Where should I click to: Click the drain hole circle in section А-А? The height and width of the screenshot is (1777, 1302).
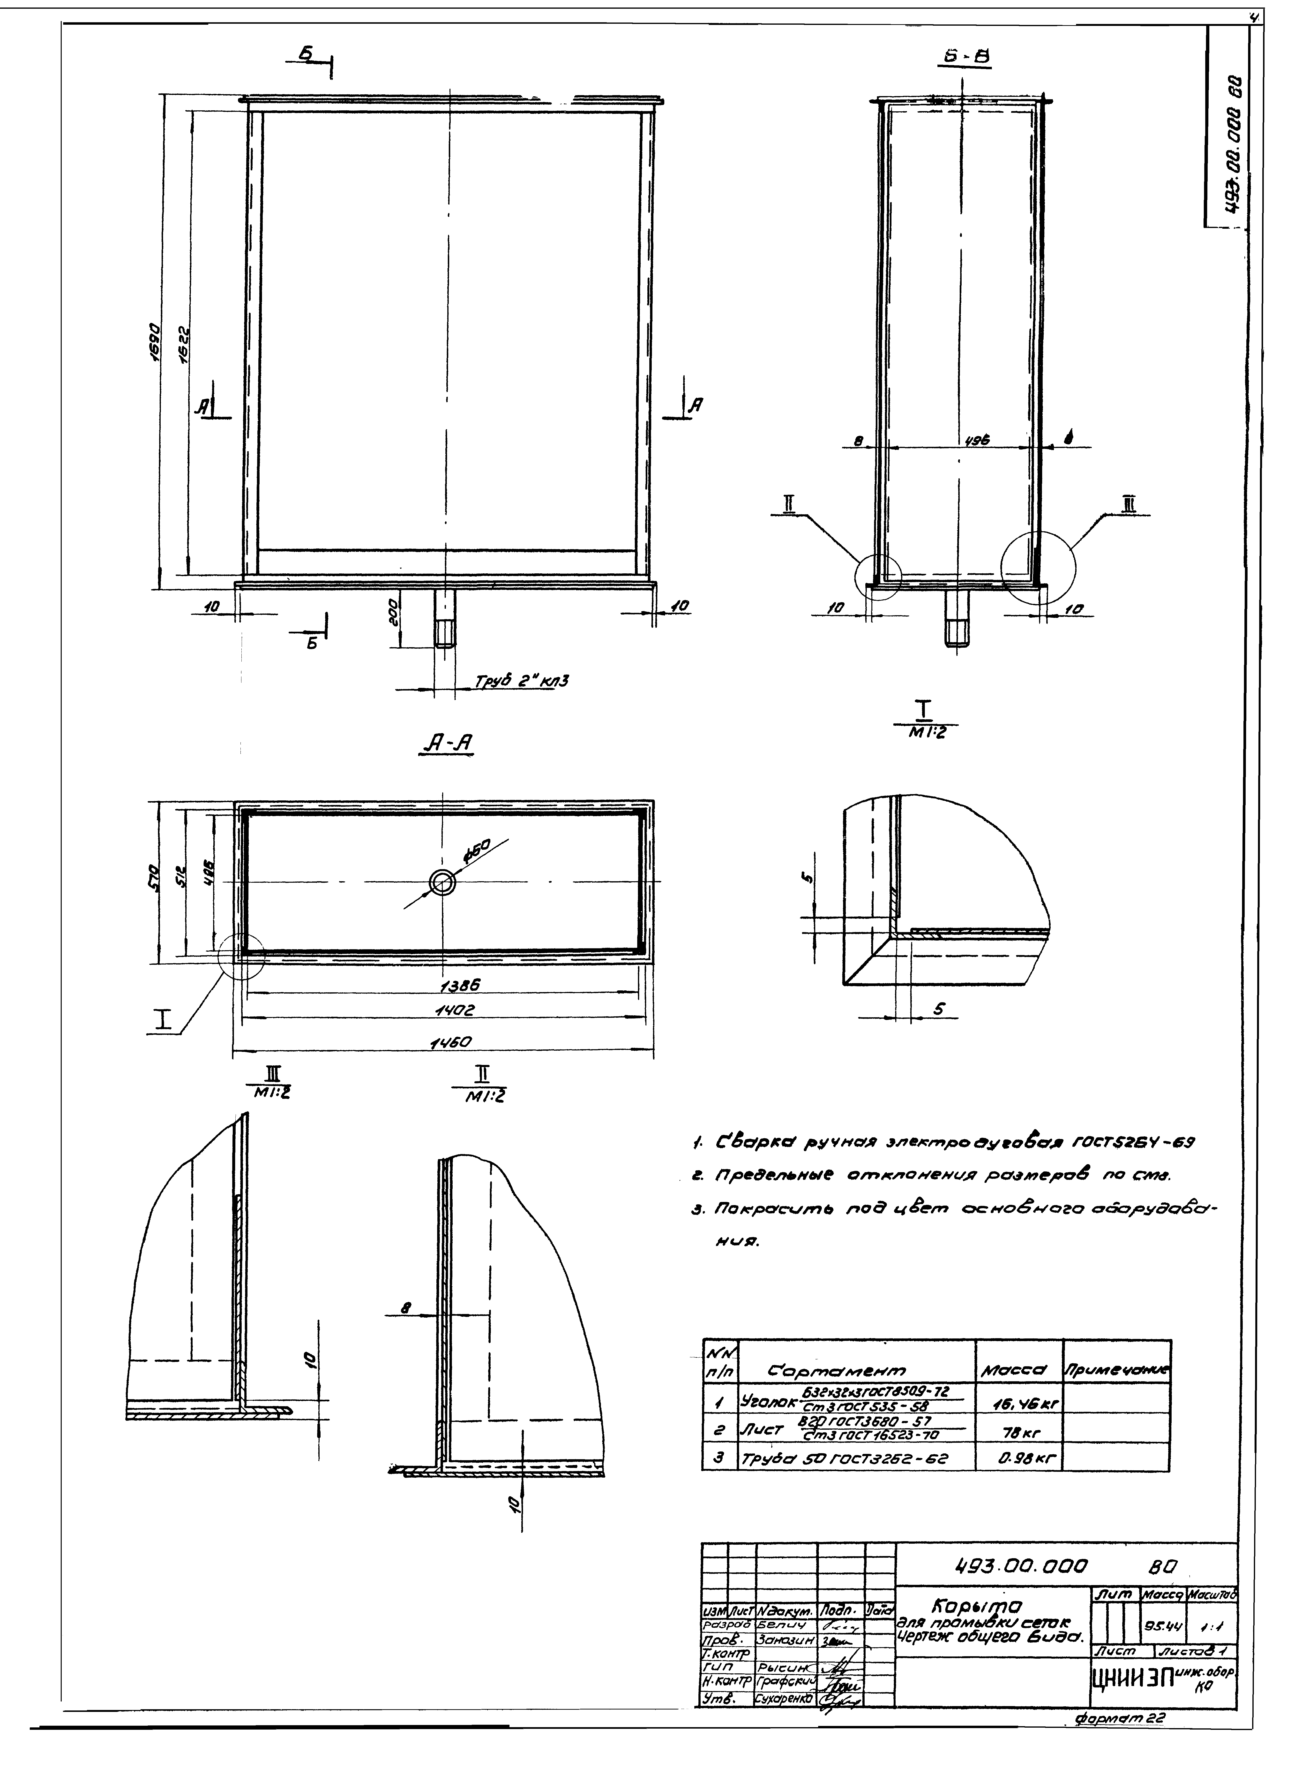click(x=442, y=883)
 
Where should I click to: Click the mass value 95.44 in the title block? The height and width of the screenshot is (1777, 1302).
click(x=1159, y=1625)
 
